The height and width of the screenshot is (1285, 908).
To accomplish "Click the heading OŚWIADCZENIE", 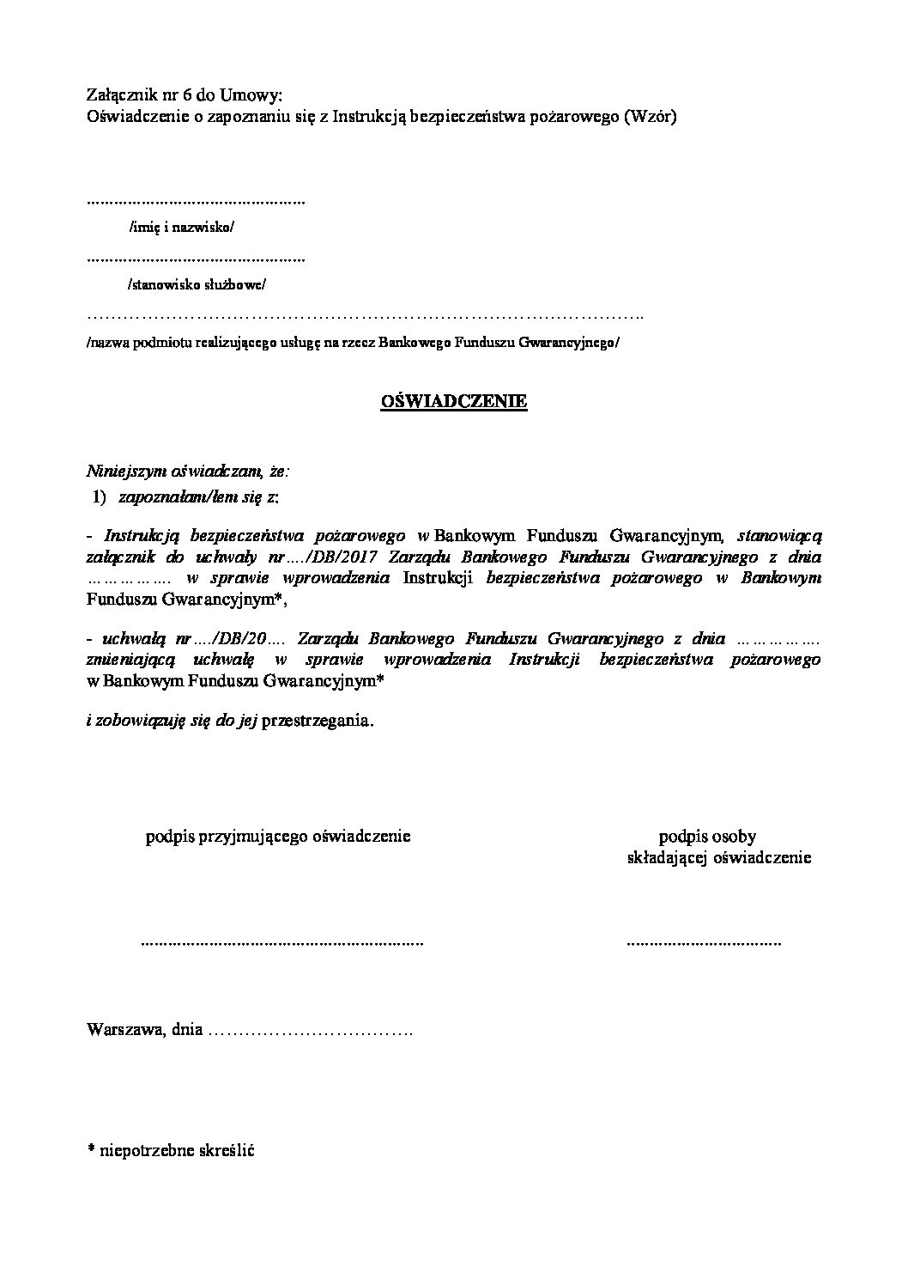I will pyautogui.click(x=454, y=402).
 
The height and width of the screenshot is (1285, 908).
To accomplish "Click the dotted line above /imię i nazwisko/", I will pyautogui.click(x=197, y=203).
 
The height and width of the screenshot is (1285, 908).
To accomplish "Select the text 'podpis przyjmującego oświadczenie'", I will pyautogui.click(x=278, y=836).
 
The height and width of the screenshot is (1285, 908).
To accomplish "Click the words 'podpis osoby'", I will pyautogui.click(x=707, y=836).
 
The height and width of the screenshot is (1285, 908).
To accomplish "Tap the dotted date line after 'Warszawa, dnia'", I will pyautogui.click(x=311, y=1031).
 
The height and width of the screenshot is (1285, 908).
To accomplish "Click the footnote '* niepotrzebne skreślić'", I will pyautogui.click(x=171, y=1149).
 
